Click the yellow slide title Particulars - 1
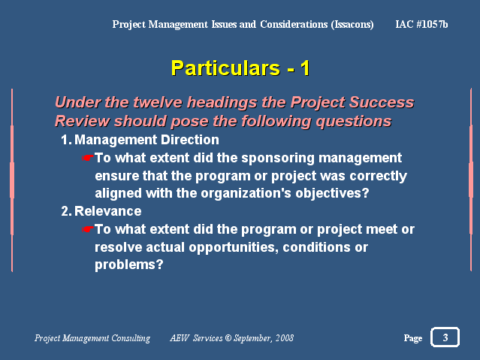click(x=240, y=68)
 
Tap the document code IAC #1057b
click(x=421, y=24)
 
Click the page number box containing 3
click(x=445, y=337)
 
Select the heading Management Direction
click(x=146, y=140)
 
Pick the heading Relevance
click(x=107, y=211)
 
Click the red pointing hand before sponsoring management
click(x=88, y=158)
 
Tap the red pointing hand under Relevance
click(x=88, y=229)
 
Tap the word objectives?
click(x=332, y=194)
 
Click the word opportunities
click(x=234, y=247)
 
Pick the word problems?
click(x=129, y=265)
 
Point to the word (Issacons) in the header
click(x=352, y=25)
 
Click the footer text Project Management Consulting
click(x=92, y=338)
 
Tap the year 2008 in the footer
click(x=285, y=338)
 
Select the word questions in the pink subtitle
click(x=354, y=122)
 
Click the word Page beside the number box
click(x=413, y=338)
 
